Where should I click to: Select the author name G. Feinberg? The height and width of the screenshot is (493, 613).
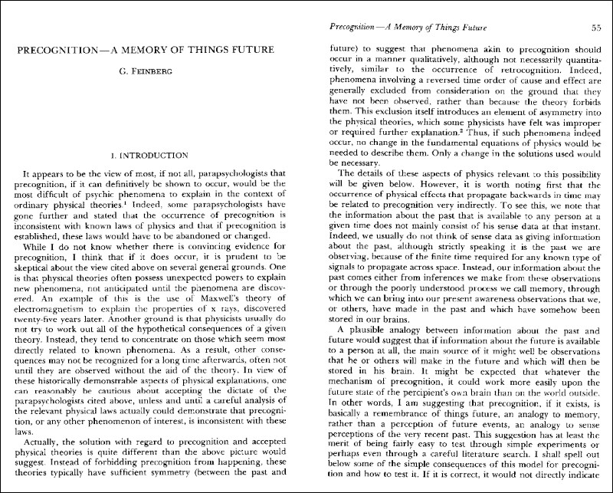click(153, 72)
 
